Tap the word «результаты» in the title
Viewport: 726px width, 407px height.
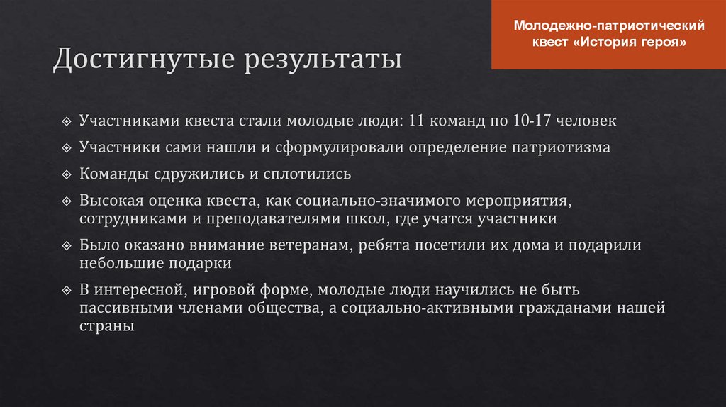click(323, 60)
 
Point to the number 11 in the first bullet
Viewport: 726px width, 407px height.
click(417, 121)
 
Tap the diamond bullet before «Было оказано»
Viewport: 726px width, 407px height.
click(66, 246)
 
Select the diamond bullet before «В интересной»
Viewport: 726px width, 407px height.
click(66, 291)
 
